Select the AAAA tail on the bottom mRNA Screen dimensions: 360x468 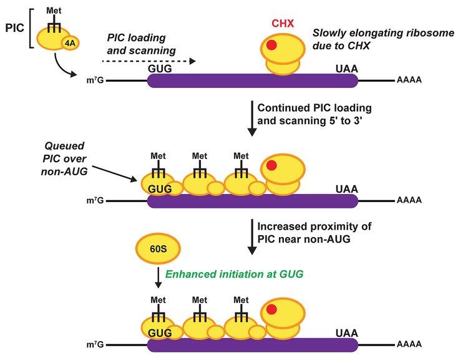(x=408, y=344)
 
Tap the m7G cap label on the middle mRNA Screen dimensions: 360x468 (x=97, y=200)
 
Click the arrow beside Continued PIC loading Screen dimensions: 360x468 (x=252, y=119)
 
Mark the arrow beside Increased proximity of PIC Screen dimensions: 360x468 (x=252, y=237)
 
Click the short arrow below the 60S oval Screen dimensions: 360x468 (x=158, y=276)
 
